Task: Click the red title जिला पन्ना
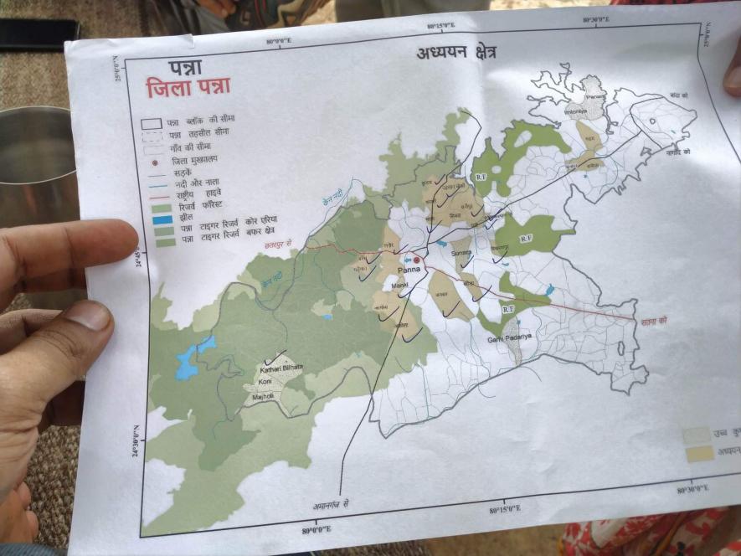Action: coord(188,88)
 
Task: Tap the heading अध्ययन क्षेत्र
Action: coord(456,53)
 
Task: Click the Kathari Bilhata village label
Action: coord(281,368)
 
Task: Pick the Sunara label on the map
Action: coord(461,251)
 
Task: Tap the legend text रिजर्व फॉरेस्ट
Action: coord(200,207)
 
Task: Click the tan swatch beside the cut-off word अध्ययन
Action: coord(697,453)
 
